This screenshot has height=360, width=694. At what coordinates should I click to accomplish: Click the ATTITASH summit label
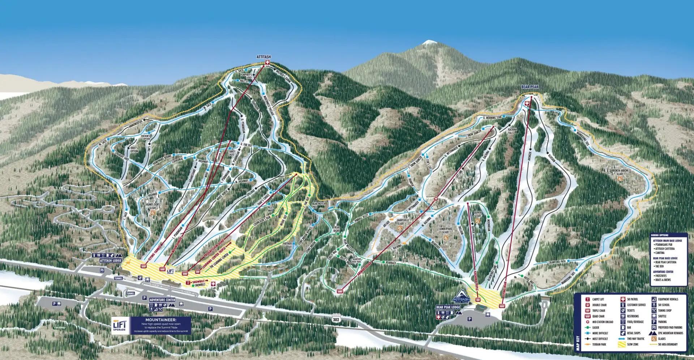click(x=264, y=57)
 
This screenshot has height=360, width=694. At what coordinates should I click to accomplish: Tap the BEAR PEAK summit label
click(x=527, y=87)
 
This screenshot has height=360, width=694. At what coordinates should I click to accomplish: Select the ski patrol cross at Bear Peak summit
click(x=527, y=103)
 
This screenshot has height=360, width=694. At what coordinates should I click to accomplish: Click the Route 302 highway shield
click(x=337, y=320)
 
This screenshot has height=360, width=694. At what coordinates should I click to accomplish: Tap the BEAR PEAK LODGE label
click(x=448, y=307)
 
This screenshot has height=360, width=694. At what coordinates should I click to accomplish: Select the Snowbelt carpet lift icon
click(x=188, y=282)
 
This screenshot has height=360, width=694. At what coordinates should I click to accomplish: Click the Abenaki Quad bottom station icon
click(x=339, y=291)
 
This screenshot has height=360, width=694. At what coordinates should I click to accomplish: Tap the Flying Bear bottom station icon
click(x=501, y=306)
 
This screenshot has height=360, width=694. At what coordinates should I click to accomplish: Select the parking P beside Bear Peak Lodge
click(x=469, y=319)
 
